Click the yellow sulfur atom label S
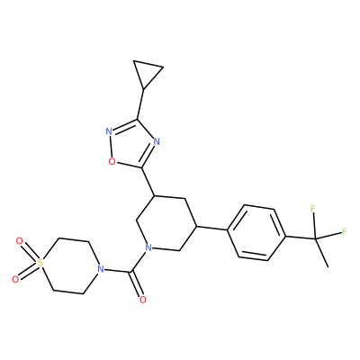coord(40,263)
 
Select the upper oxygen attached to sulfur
coord(19,241)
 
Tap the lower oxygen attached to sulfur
coord(15,280)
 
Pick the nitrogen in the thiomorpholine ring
coord(101,268)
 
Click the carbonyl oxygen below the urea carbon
coord(143,299)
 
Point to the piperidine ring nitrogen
coord(148,247)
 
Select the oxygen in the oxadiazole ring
coord(112,161)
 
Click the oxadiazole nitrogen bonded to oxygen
coord(109,131)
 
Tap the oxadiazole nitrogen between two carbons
coord(156,141)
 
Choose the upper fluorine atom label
coord(312,208)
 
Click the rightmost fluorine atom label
coord(345,231)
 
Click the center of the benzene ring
coord(256,233)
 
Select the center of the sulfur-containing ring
coord(70,266)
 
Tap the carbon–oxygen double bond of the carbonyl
coord(137,284)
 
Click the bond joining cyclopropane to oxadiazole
coord(140,104)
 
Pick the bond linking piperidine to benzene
coord(211,228)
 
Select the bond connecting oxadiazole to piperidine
coord(148,182)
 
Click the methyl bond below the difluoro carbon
coord(321,253)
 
